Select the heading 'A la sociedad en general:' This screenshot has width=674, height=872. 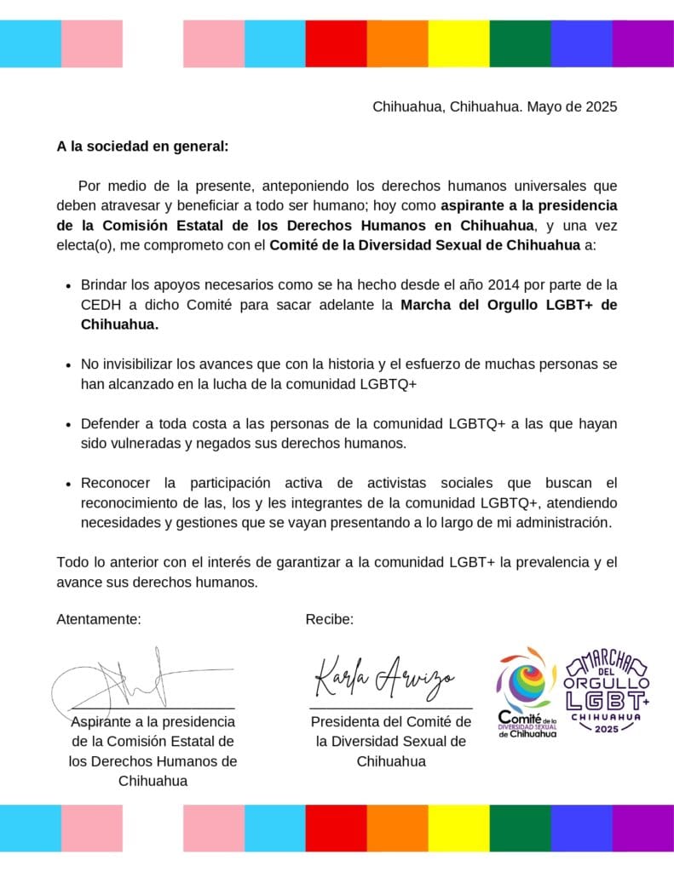point(142,146)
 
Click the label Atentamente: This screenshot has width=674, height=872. point(99,619)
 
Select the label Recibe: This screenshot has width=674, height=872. point(329,619)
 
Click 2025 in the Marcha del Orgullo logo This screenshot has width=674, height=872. point(608,729)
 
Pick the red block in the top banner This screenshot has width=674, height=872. point(336,43)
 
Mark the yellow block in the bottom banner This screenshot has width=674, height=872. point(458,829)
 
